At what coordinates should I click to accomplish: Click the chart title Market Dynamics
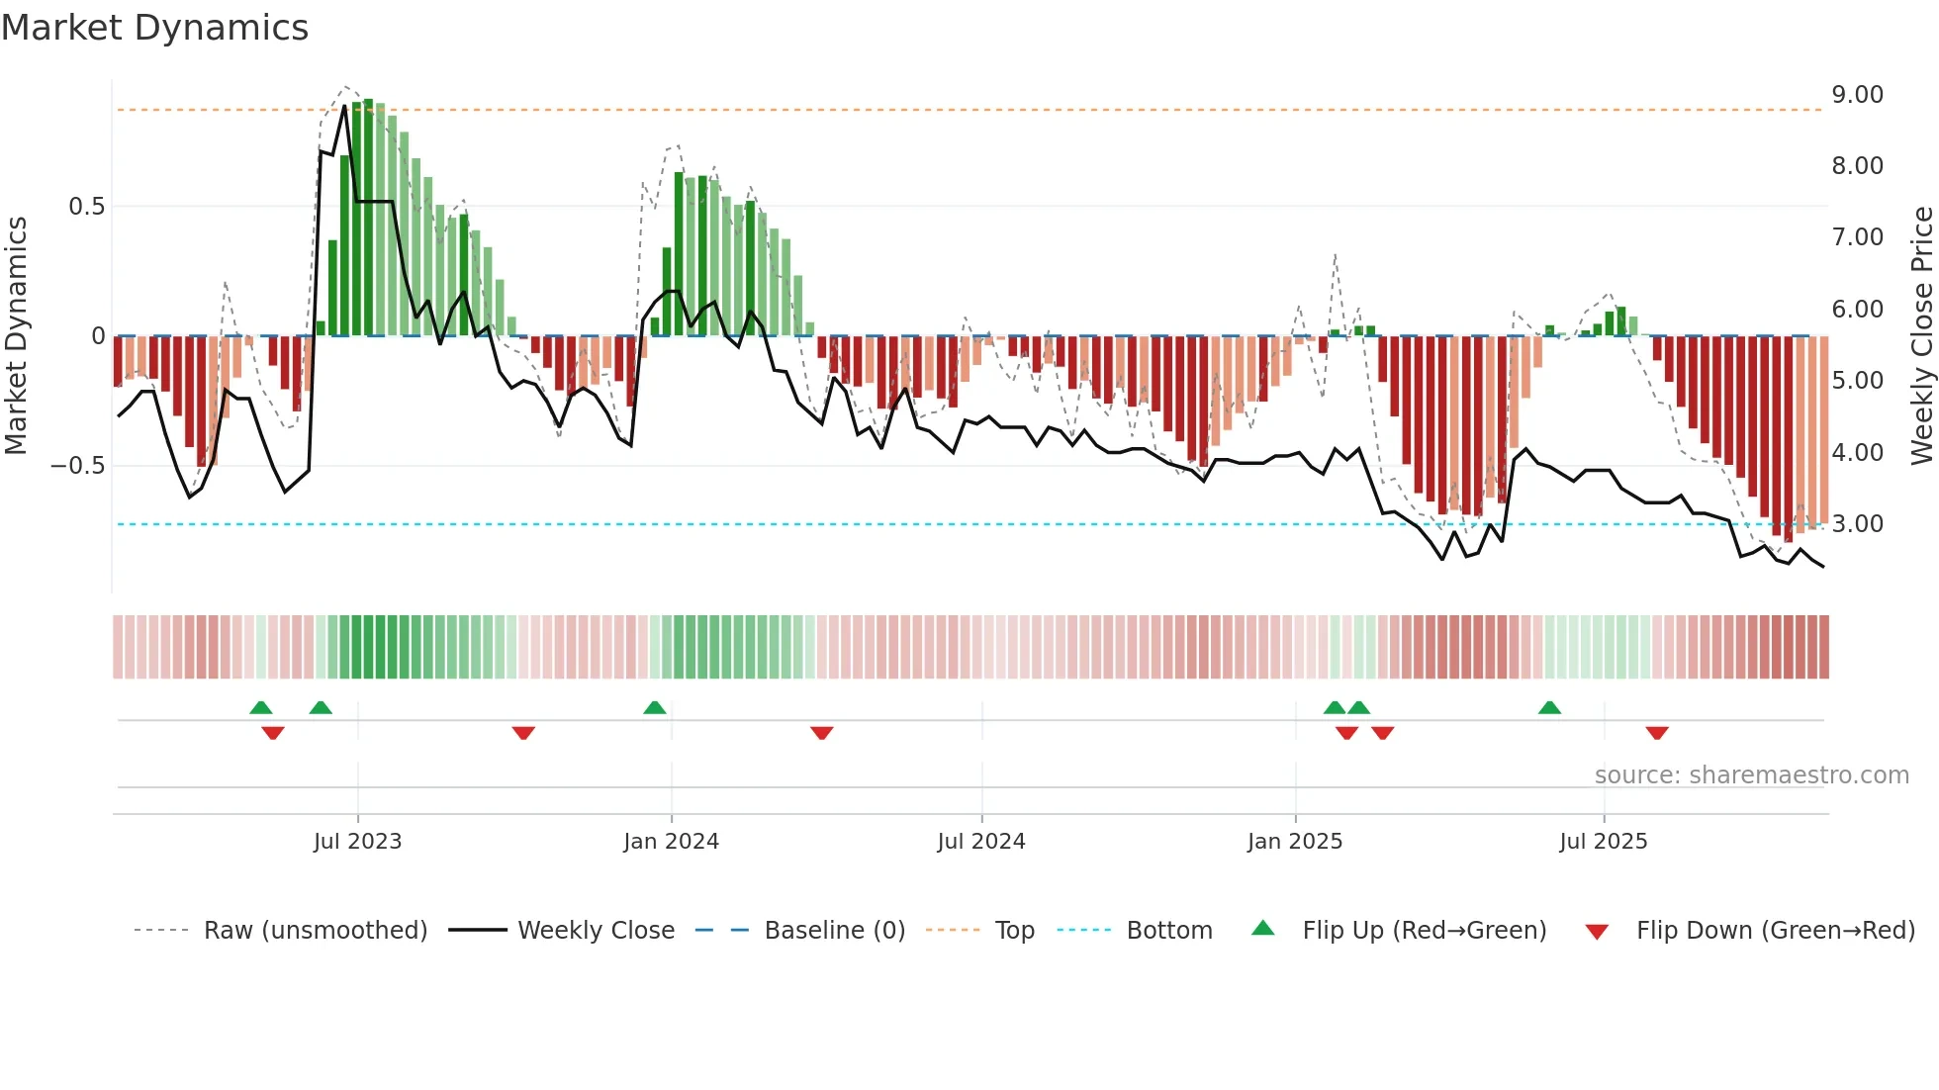click(154, 28)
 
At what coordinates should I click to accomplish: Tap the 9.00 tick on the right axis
click(1857, 95)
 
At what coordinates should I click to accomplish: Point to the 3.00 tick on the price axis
click(1857, 524)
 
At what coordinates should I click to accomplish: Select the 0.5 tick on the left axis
click(86, 207)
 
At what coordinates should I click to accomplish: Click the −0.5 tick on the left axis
click(77, 466)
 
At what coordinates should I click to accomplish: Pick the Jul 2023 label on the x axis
click(357, 842)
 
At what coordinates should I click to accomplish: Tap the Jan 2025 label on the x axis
click(1294, 842)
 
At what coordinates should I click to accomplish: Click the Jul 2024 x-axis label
click(980, 842)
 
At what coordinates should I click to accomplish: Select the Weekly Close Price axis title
click(1921, 336)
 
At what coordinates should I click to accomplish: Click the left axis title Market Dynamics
click(16, 336)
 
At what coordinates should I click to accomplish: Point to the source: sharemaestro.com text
click(1751, 775)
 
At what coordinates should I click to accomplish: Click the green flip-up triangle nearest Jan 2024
click(654, 708)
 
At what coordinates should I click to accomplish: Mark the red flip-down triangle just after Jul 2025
click(1657, 733)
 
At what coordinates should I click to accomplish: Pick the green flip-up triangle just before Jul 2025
click(1549, 708)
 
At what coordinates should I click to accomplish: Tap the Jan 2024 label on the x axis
click(671, 842)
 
